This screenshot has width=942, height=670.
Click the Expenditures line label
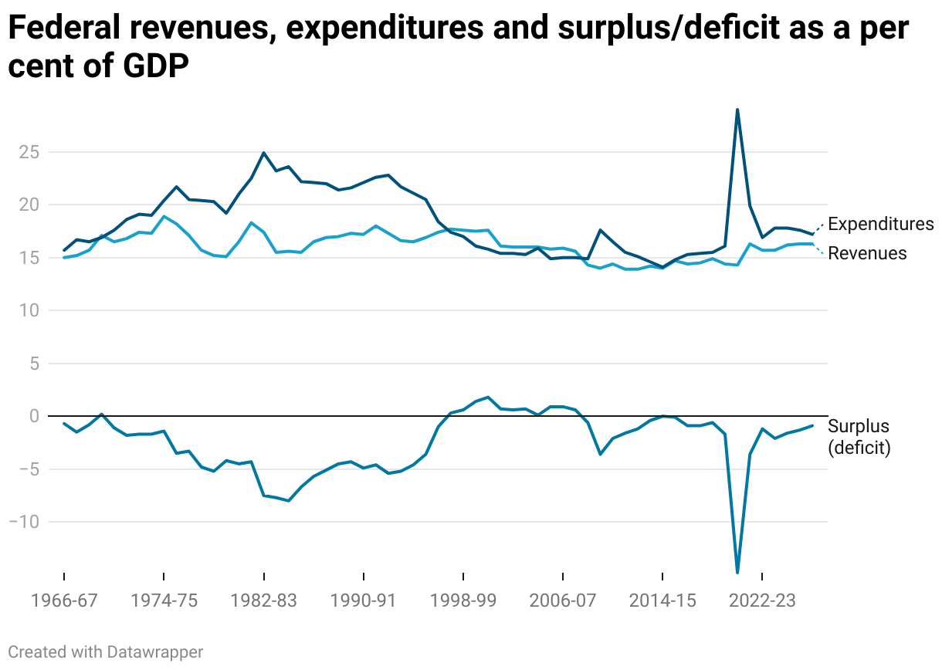(x=880, y=225)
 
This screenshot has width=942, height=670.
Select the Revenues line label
(x=867, y=253)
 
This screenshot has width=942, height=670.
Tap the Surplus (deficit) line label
(x=859, y=437)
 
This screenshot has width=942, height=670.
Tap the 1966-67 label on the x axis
(x=64, y=602)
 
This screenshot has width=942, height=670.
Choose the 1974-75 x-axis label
(x=164, y=602)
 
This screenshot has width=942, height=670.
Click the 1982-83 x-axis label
(x=263, y=602)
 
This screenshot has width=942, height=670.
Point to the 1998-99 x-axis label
(x=463, y=602)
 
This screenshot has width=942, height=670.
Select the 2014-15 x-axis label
(x=662, y=602)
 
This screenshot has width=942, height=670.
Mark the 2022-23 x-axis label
(x=762, y=602)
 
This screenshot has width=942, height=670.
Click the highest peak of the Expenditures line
(x=737, y=110)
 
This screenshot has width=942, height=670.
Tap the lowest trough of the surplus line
(x=737, y=572)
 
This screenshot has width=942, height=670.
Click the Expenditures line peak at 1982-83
(x=263, y=153)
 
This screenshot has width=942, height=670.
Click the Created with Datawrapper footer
(x=106, y=652)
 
